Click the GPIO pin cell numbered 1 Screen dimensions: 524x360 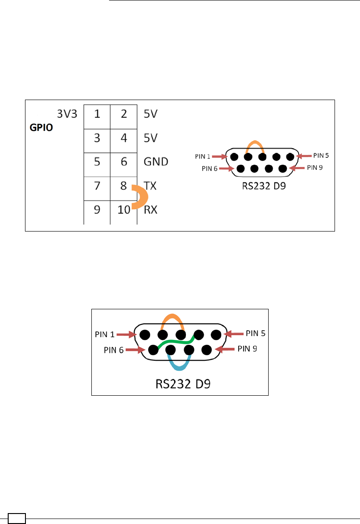click(97, 114)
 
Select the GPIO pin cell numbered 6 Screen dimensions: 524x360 click(124, 161)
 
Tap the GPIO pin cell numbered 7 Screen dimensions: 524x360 click(97, 186)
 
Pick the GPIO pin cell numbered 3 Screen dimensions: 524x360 click(97, 138)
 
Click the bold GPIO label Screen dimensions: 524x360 click(41, 128)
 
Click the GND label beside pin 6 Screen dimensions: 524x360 click(156, 161)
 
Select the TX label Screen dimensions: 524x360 click(150, 186)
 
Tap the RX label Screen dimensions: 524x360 click(150, 210)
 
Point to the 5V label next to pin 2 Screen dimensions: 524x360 click(150, 114)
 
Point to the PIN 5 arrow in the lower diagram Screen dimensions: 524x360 click(235, 334)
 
